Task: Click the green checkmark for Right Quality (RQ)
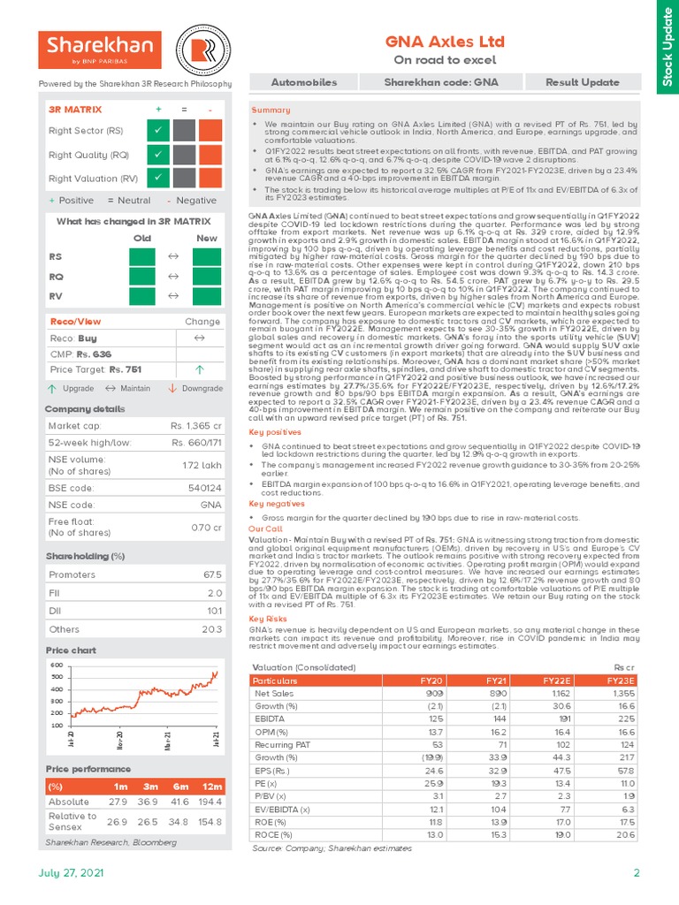pos(157,155)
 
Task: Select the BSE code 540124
pos(204,486)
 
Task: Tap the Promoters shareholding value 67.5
pos(211,574)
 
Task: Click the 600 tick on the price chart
pos(56,665)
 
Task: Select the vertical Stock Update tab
pos(666,46)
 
